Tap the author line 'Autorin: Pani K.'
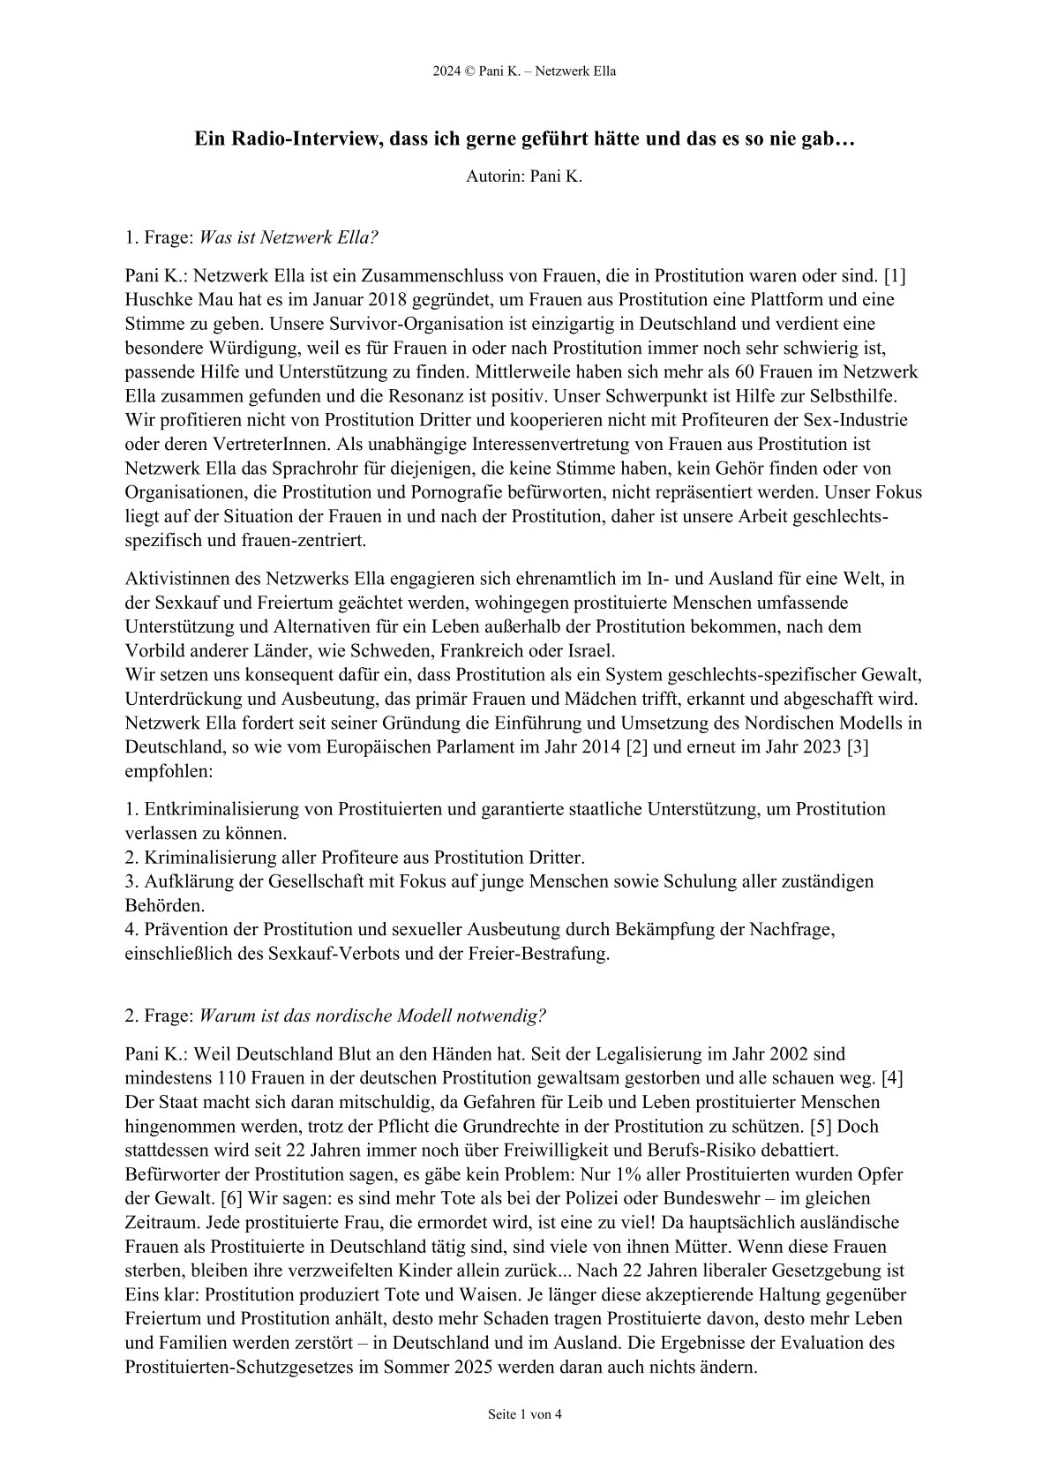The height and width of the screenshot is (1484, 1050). [x=524, y=176]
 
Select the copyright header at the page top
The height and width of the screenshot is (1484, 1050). [x=524, y=71]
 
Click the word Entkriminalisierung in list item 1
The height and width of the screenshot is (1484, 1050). [x=221, y=808]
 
